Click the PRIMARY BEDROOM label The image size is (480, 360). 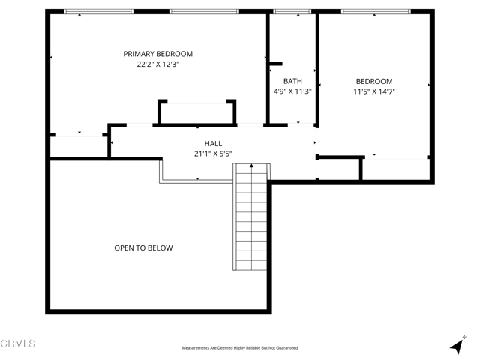coord(158,54)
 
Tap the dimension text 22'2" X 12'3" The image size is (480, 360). coord(158,65)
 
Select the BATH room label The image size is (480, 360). coord(292,81)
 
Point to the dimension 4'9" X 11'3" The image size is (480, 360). coord(292,91)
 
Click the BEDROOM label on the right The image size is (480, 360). coord(373,81)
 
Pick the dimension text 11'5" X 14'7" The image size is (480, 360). coord(373,91)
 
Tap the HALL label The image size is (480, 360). coord(213,143)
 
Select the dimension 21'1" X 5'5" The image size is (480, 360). coord(213,154)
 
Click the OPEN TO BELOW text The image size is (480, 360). coord(143,248)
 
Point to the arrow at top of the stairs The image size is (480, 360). coord(251,167)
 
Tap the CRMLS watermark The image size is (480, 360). coord(19,343)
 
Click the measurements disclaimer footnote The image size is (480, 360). coord(240,348)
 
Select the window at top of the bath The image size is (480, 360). coord(292,12)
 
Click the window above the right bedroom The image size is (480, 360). coord(375,12)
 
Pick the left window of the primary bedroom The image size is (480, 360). coord(98,12)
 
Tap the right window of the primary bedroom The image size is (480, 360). coord(204,12)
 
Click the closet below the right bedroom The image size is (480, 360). coord(396,169)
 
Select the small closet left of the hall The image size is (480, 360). coord(79,146)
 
